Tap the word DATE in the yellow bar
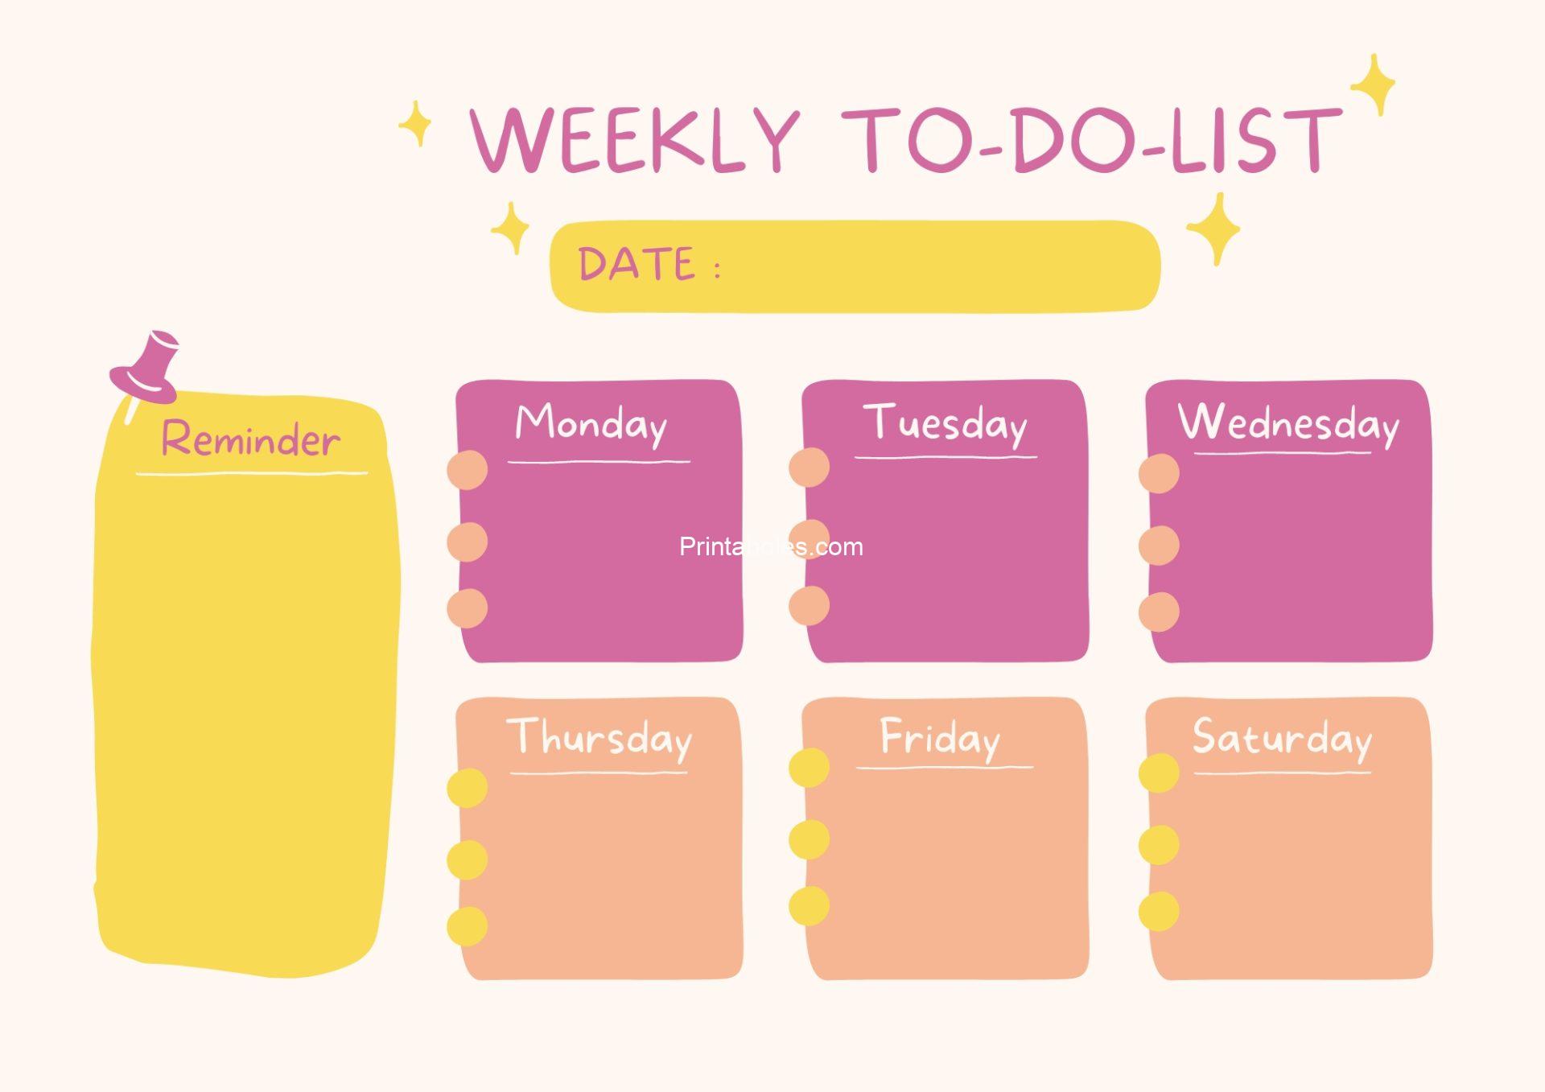(637, 264)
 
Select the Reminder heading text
(250, 439)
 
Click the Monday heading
(591, 423)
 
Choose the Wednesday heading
(1288, 422)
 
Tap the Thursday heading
(599, 737)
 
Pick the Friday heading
(940, 737)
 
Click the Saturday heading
(1282, 737)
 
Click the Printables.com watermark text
(771, 547)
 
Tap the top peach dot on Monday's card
(468, 470)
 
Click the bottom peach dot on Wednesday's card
(1159, 612)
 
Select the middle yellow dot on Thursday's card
(468, 859)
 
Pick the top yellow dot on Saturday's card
(1159, 773)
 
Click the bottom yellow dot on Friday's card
(809, 906)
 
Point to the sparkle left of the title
(415, 124)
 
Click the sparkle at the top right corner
(1374, 84)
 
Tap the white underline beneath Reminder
(251, 473)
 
